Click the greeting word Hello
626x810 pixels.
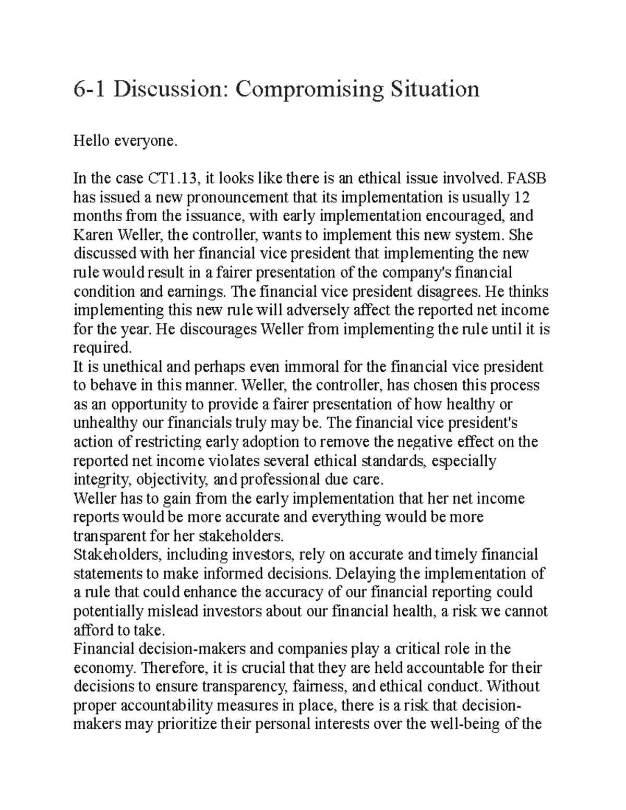92,140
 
